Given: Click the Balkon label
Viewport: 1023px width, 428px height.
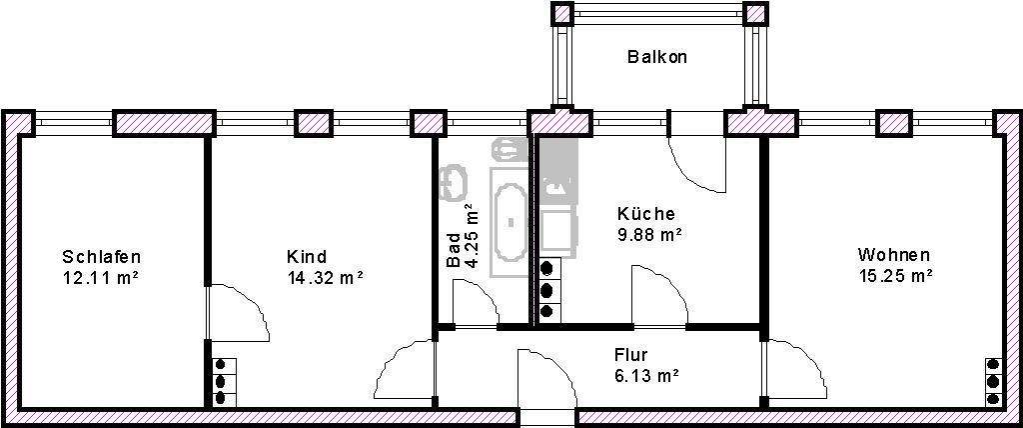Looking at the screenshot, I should [x=656, y=57].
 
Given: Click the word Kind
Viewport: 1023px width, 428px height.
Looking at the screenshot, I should [x=306, y=257].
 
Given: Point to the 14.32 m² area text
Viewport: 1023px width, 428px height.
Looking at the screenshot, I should [x=324, y=277].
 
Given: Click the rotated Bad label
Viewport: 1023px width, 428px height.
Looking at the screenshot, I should [x=455, y=250].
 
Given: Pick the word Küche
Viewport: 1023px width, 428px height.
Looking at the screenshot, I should [x=645, y=214].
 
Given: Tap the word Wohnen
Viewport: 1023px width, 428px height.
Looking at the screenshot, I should [x=893, y=255].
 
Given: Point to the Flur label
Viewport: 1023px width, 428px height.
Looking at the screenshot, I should [x=631, y=355].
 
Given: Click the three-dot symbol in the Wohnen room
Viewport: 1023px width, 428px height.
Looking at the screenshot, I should [x=993, y=381].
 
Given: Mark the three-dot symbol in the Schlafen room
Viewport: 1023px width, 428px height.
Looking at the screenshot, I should [x=221, y=381].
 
